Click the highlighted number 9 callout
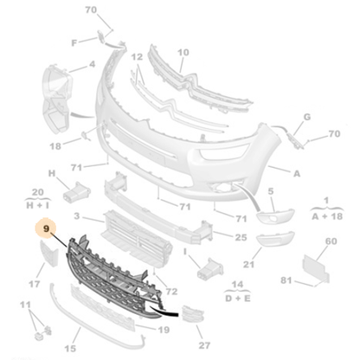(x=46, y=228)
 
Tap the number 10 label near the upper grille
(x=183, y=53)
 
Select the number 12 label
(x=137, y=57)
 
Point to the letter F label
(x=74, y=43)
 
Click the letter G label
(x=307, y=117)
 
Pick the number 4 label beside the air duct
(x=92, y=64)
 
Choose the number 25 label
(x=241, y=237)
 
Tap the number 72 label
(x=171, y=292)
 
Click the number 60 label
(x=331, y=241)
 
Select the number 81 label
(x=286, y=280)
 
